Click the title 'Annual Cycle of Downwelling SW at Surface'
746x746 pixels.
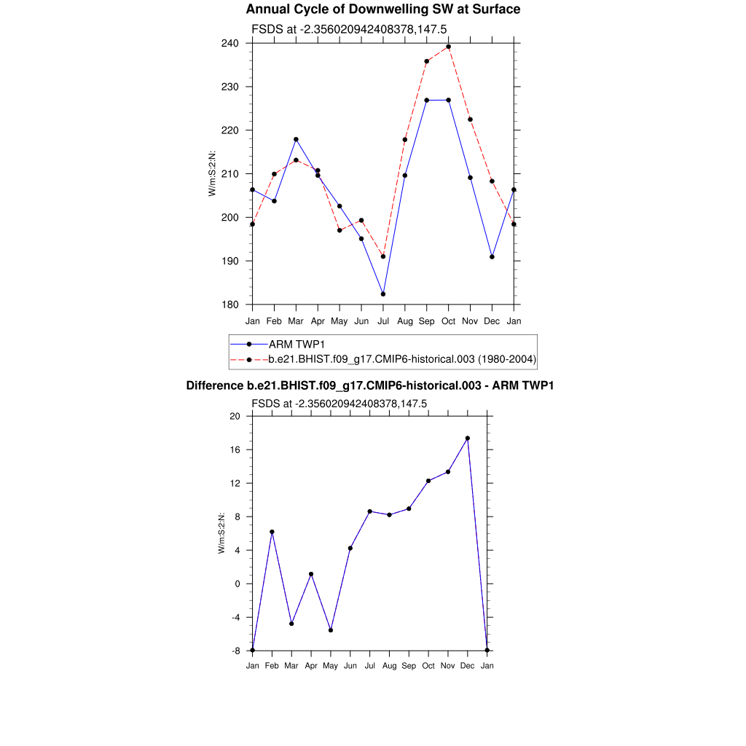(382, 9)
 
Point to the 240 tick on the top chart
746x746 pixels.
(232, 43)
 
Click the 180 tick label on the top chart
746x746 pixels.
(232, 305)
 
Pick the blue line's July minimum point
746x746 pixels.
(383, 294)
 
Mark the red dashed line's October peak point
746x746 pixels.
(449, 47)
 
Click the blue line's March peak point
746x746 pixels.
(296, 139)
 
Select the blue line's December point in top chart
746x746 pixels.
(492, 257)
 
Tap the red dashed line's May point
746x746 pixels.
(339, 230)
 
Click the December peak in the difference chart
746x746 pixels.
(468, 439)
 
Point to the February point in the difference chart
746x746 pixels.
(272, 532)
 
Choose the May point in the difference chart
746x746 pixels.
(331, 630)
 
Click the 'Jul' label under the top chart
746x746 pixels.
(383, 321)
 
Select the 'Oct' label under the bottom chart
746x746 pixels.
(428, 666)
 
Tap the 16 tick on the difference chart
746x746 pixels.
(235, 450)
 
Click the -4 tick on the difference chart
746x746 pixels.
(235, 618)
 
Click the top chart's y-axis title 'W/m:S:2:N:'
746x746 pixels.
(212, 173)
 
